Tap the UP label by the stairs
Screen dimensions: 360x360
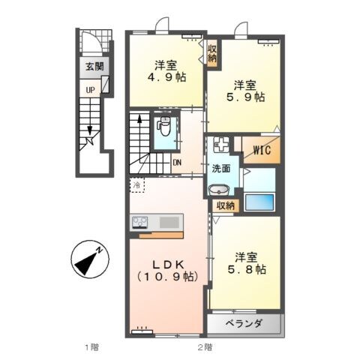[89, 89]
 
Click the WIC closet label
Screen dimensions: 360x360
[261, 150]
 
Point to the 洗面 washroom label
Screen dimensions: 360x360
[220, 168]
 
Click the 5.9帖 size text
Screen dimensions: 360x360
[247, 97]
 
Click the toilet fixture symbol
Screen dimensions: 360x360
[164, 128]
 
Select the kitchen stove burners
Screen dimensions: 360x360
[142, 222]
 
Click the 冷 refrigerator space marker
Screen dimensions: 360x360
[137, 182]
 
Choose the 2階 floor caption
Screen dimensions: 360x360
[204, 346]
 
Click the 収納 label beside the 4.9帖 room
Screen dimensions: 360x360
[212, 52]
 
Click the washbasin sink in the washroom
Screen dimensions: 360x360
[220, 190]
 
